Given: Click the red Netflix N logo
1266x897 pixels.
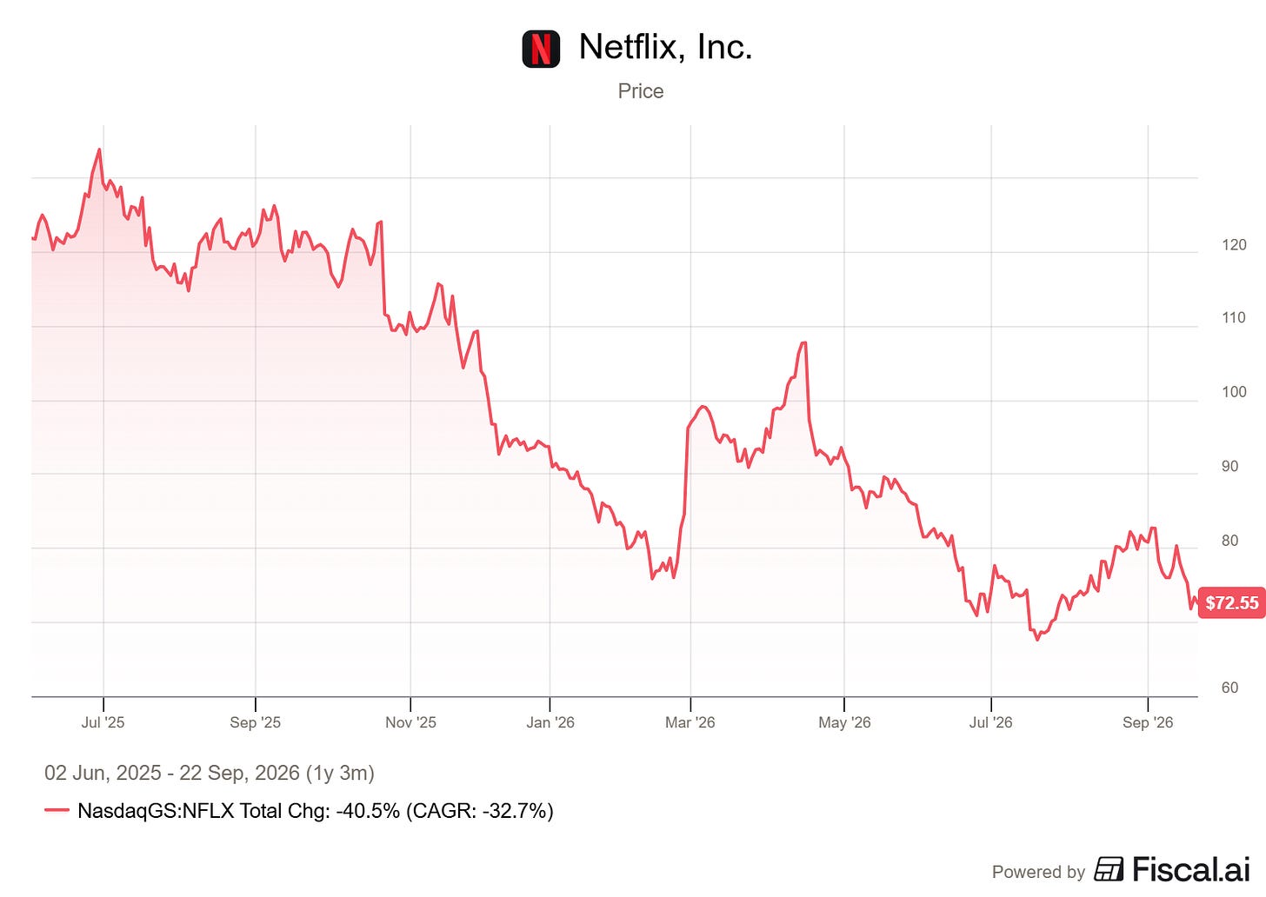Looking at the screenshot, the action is pyautogui.click(x=541, y=49).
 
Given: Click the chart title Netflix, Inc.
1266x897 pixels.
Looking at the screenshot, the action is pyautogui.click(x=665, y=46).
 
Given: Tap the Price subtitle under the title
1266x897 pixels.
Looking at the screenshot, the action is pyautogui.click(x=640, y=91).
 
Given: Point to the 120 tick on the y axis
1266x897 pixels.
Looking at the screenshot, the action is pyautogui.click(x=1234, y=244).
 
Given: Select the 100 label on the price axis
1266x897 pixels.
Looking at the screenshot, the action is pyautogui.click(x=1234, y=391).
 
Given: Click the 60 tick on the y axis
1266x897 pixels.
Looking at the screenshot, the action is pyautogui.click(x=1229, y=688).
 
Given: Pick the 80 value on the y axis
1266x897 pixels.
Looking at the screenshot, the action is pyautogui.click(x=1229, y=541).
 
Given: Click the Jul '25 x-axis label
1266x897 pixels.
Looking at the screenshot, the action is pyautogui.click(x=103, y=722).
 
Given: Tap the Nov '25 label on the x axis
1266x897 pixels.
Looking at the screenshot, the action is pyautogui.click(x=410, y=722).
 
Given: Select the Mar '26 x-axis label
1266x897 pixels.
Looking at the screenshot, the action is pyautogui.click(x=690, y=722).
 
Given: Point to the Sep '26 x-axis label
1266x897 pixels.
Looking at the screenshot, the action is pyautogui.click(x=1148, y=722).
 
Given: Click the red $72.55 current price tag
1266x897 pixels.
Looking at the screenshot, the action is pyautogui.click(x=1231, y=602).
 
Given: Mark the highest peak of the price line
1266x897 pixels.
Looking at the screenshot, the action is pyautogui.click(x=99, y=149).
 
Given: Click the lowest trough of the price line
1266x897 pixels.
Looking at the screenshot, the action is pyautogui.click(x=1037, y=640).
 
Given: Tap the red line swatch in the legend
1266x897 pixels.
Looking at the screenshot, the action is pyautogui.click(x=57, y=810).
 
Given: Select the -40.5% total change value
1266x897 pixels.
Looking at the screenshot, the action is pyautogui.click(x=368, y=811).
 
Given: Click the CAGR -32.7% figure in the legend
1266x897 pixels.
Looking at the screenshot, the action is pyautogui.click(x=480, y=811).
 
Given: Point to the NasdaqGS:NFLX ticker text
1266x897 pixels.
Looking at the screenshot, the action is pyautogui.click(x=156, y=811).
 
